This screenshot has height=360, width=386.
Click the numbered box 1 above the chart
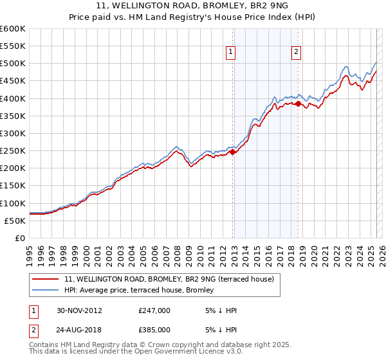pos(230,53)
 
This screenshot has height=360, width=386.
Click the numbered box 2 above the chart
pos(296,53)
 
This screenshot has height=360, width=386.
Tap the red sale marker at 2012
pos(233,152)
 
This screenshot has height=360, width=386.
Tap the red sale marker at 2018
pos(298,104)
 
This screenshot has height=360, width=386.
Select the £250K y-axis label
pos(13,151)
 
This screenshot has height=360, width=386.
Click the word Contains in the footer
pos(45,346)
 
